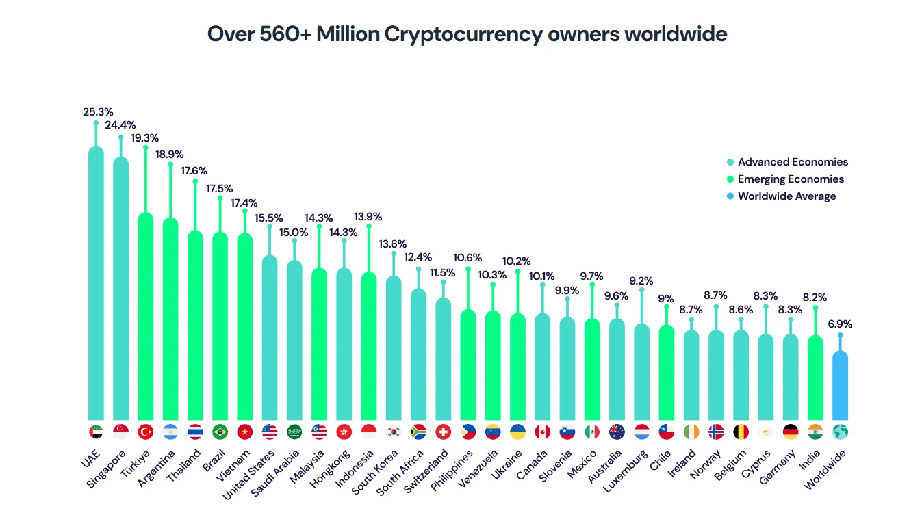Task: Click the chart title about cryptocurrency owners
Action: click(x=467, y=34)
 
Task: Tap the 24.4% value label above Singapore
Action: click(x=120, y=125)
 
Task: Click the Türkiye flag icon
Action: click(x=145, y=432)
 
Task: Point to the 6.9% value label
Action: click(x=840, y=324)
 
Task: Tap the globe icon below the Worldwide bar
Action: click(x=840, y=432)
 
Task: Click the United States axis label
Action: click(x=250, y=475)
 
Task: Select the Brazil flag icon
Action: click(x=220, y=432)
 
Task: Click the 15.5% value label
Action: click(x=269, y=218)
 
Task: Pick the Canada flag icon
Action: click(x=542, y=432)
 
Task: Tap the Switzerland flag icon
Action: click(x=443, y=432)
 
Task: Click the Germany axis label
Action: click(x=777, y=468)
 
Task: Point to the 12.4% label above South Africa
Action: click(x=418, y=257)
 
